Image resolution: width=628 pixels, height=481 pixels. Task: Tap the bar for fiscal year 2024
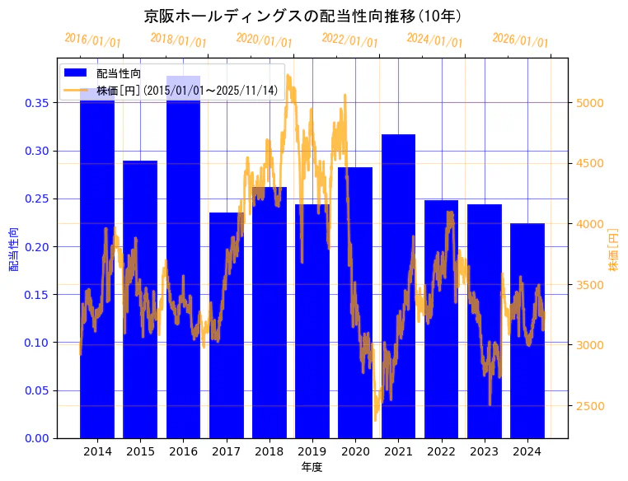[x=527, y=329]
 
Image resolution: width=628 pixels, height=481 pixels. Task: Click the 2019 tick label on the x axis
[x=312, y=451]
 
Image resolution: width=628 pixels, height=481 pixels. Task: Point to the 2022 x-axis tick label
[x=441, y=451]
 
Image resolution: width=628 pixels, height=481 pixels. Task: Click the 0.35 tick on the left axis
[x=35, y=103]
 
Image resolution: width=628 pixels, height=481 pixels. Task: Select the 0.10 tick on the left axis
[x=35, y=343]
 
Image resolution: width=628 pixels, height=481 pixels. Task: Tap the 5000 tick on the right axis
[x=590, y=103]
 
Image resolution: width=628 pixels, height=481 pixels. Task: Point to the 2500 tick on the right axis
[x=590, y=406]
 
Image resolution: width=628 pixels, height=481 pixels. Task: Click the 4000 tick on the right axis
[x=590, y=224]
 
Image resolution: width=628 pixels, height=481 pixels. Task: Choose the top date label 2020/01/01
[x=264, y=40]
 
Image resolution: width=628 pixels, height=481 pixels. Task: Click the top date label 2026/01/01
[x=520, y=40]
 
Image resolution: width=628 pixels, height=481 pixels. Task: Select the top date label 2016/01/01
[x=92, y=40]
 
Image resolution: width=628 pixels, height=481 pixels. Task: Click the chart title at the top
[x=302, y=16]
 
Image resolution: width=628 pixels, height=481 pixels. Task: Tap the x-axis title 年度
[x=312, y=467]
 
